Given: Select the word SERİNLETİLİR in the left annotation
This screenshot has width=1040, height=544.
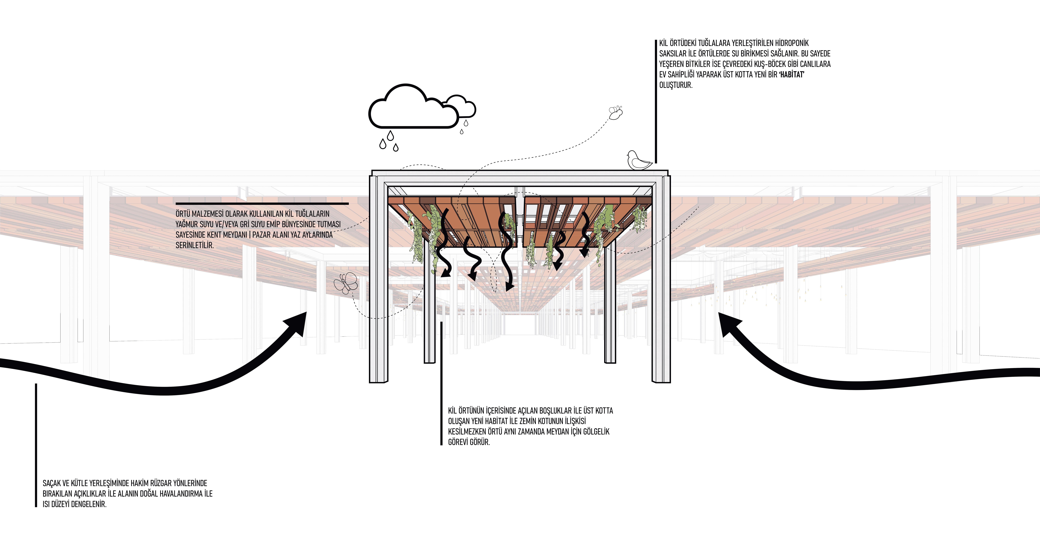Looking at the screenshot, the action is point(195,245).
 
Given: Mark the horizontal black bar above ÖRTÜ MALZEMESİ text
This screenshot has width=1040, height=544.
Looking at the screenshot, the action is point(262,204).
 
